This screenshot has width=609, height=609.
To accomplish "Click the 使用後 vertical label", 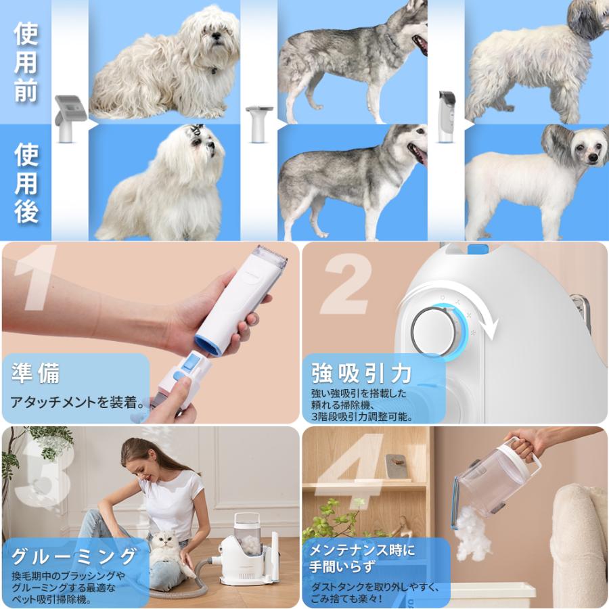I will tap(26, 183).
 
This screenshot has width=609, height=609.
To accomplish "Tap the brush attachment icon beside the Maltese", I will tap(70, 118).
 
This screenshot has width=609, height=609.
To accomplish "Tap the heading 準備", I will tap(35, 373).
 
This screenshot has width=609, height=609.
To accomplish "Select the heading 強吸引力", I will tap(362, 373).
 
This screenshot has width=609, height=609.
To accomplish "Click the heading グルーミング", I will tap(74, 556).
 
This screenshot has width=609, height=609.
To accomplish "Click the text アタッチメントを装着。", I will tap(78, 403).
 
